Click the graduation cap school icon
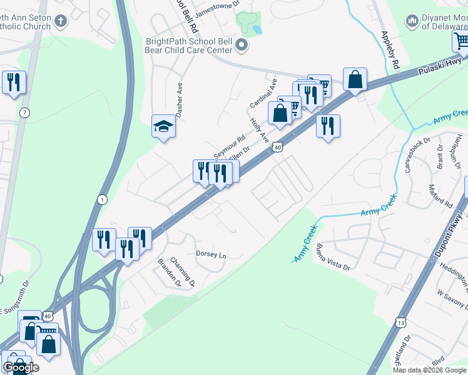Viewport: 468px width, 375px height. (163, 127)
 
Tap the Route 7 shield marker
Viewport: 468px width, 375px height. (24, 112)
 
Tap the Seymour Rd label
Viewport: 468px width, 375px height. (229, 146)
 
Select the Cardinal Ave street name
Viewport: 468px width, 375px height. (263, 92)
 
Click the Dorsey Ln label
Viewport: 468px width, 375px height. (211, 254)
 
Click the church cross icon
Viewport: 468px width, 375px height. (61, 21)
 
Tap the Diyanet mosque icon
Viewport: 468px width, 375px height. (412, 22)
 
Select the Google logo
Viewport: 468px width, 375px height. (21, 367)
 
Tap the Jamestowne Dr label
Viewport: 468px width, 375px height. (218, 3)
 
